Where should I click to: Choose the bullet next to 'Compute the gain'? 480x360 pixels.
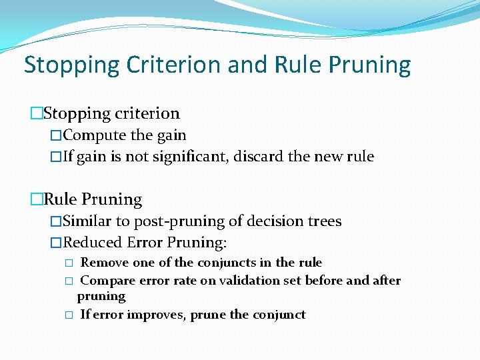(56, 135)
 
